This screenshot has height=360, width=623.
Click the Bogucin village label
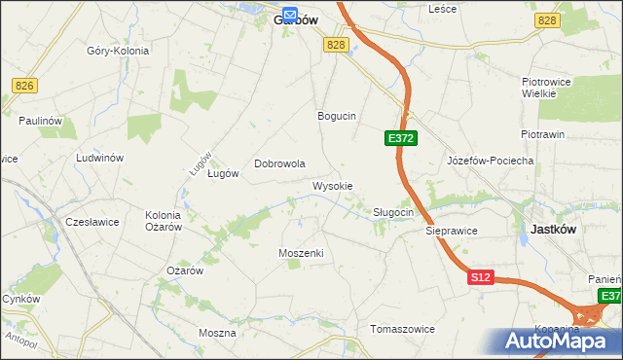click(x=337, y=116)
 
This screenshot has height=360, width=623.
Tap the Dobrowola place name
click(x=280, y=164)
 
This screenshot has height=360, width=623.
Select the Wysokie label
click(x=332, y=186)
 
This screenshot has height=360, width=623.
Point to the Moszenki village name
click(x=301, y=253)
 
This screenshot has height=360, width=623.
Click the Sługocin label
click(x=394, y=212)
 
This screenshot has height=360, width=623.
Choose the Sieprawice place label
click(x=451, y=232)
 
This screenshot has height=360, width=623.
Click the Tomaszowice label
click(x=403, y=329)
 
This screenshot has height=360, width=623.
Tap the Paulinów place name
click(x=40, y=121)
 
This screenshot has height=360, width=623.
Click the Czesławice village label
click(x=92, y=222)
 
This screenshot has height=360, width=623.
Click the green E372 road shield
click(x=401, y=139)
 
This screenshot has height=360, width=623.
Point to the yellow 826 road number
click(x=24, y=87)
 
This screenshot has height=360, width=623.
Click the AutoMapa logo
click(x=558, y=341)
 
